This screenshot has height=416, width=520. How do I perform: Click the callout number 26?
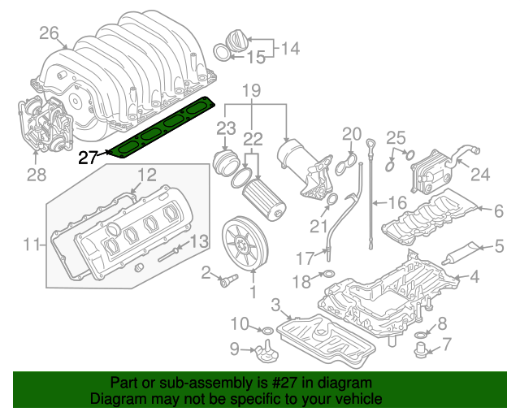coord(50,33)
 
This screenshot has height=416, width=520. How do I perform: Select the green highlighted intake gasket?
coord(162,128)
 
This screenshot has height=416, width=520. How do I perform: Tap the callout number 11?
coord(32,244)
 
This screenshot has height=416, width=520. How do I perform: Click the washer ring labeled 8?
coord(420,335)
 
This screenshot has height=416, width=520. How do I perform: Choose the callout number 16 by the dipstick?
coord(396,202)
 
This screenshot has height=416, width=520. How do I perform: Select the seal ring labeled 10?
coord(267,331)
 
